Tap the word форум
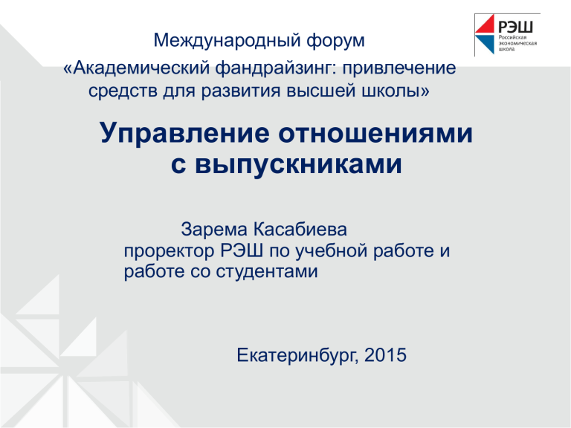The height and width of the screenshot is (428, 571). (335, 41)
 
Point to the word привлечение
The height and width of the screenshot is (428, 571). (399, 69)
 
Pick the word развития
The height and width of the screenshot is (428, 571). (241, 91)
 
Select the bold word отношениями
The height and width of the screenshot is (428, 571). (375, 134)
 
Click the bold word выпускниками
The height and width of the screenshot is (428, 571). (298, 164)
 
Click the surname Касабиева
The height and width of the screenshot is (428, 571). (300, 230)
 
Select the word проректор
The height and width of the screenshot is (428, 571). (169, 251)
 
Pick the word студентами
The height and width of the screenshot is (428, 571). (267, 272)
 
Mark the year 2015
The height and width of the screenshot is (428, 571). (385, 355)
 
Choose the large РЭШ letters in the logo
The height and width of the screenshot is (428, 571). (515, 27)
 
